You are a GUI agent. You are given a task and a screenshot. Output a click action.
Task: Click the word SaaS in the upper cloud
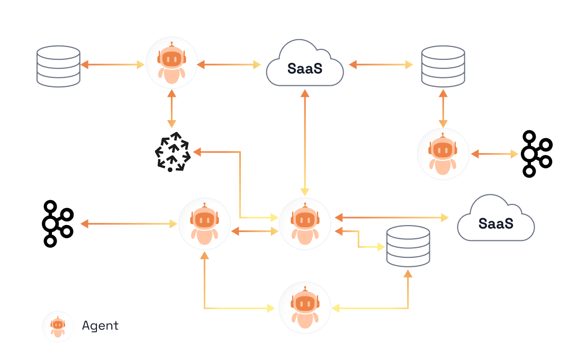pyautogui.click(x=305, y=68)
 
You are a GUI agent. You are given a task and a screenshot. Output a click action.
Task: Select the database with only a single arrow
pyautogui.click(x=58, y=66)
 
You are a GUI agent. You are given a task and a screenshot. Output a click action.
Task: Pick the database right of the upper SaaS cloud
pyautogui.click(x=443, y=66)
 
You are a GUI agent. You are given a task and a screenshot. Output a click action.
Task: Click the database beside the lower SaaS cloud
pyautogui.click(x=408, y=246)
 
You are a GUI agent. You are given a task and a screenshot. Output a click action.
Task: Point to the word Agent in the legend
pyautogui.click(x=100, y=326)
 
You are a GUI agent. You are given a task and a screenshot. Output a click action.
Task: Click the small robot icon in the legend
pyautogui.click(x=58, y=326)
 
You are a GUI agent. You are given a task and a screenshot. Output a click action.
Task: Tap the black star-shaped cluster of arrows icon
pyautogui.click(x=172, y=152)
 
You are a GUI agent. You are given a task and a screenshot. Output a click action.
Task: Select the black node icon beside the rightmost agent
pyautogui.click(x=536, y=154)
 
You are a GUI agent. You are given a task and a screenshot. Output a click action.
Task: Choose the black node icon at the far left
pyautogui.click(x=57, y=223)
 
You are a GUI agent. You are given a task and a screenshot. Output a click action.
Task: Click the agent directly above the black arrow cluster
pyautogui.click(x=172, y=62)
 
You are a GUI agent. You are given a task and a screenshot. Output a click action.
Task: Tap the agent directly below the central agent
pyautogui.click(x=304, y=308)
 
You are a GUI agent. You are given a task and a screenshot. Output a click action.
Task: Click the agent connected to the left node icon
pyautogui.click(x=204, y=224)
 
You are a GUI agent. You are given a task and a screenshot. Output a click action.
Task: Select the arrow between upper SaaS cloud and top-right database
pyautogui.click(x=381, y=65)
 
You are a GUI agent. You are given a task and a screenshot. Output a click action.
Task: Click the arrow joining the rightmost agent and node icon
pyautogui.click(x=494, y=154)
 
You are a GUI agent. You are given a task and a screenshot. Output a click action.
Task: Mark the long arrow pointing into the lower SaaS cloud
pyautogui.click(x=392, y=217)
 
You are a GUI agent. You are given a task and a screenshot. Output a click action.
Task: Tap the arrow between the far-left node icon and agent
pyautogui.click(x=129, y=224)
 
